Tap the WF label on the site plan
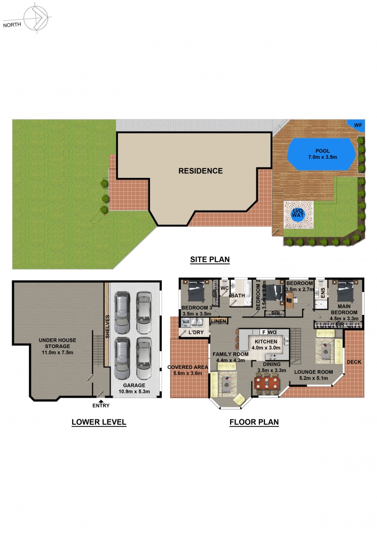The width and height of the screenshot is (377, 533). pos(358,125)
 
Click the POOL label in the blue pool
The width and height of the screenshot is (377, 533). pos(323,151)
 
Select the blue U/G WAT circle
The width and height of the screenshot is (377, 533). pos(297,215)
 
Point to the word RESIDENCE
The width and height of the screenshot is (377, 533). pos(201,171)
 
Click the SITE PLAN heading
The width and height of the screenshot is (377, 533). pos(210,260)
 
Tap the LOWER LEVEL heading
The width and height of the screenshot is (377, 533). pos(99,422)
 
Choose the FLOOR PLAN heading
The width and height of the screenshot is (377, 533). pos(254,422)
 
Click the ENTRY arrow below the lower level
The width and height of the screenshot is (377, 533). pos(101,401)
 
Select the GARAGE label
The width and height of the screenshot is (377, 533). pos(134,385)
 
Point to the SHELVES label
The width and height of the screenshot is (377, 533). pos(107,327)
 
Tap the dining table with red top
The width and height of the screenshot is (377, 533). pos(266,383)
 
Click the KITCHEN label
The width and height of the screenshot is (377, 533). pos(266,342)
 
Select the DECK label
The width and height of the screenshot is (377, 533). pos(354,362)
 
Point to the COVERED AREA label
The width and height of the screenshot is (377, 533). pos(187,367)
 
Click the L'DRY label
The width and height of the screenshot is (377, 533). pos(196,332)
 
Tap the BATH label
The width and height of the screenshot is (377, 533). pos(238,296)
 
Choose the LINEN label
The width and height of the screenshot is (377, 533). pos(218,321)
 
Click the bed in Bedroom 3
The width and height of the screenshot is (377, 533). pos(197,291)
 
